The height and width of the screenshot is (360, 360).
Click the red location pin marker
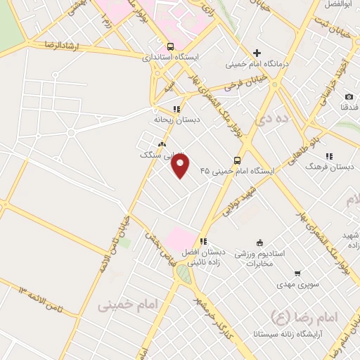pos(181,166)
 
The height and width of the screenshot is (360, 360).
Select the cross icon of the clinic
pos(257,52)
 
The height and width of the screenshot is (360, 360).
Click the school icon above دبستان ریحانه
pos(176,109)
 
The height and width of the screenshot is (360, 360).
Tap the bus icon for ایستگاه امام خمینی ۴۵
pos(237,160)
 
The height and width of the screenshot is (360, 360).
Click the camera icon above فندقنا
pos(349,96)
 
